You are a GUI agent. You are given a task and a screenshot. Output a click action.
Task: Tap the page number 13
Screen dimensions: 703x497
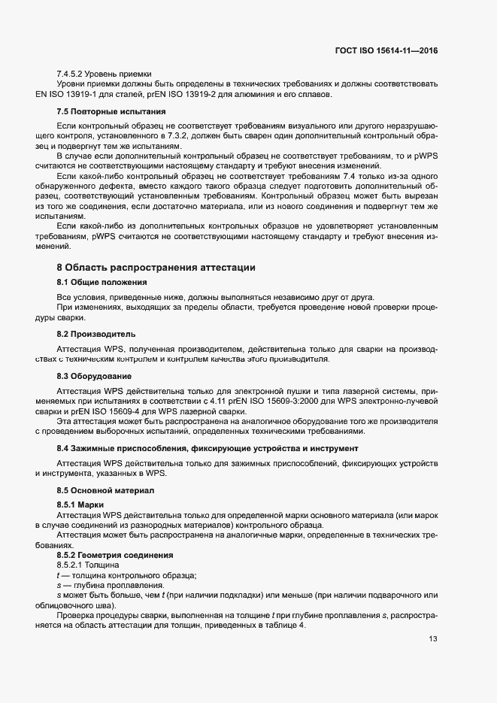(432, 639)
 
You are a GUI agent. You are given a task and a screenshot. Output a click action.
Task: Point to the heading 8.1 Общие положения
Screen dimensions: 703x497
(102, 282)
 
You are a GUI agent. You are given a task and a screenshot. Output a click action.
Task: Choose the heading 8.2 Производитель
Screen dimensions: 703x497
(96, 333)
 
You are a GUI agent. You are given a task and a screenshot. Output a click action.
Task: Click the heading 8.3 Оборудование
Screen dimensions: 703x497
(95, 375)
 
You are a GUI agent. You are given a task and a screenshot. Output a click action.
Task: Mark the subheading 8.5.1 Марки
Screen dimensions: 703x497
(80, 504)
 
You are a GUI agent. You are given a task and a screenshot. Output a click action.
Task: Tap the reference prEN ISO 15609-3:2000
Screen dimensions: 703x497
(254, 402)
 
